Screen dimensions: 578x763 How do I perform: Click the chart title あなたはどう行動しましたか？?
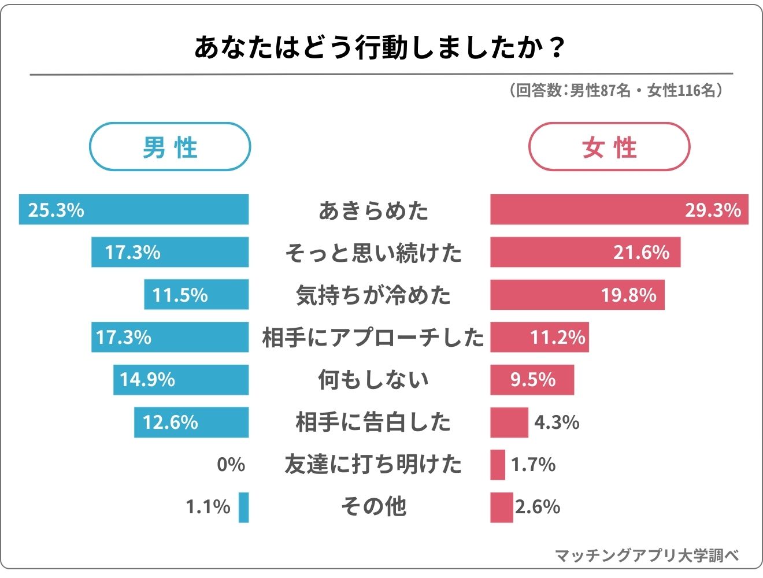pyautogui.click(x=379, y=47)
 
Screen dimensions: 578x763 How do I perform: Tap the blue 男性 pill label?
pyautogui.click(x=170, y=147)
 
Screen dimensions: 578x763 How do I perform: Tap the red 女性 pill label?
pyautogui.click(x=609, y=147)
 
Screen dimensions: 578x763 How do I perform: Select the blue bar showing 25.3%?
pyautogui.click(x=134, y=209)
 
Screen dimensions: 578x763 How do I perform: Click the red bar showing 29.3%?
pyautogui.click(x=618, y=209)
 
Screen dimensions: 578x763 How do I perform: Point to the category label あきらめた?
pyautogui.click(x=373, y=210)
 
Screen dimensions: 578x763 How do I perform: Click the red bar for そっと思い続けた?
pyautogui.click(x=585, y=252)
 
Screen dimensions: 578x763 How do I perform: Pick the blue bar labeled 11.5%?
pyautogui.click(x=197, y=295)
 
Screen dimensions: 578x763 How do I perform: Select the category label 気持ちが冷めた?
pyautogui.click(x=373, y=295)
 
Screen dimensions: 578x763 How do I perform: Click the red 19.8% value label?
pyautogui.click(x=629, y=295)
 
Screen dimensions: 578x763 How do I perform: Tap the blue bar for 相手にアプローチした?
pyautogui.click(x=170, y=338)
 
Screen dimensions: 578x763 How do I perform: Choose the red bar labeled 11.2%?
pyautogui.click(x=539, y=338)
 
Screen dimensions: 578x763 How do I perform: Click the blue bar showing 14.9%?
pyautogui.click(x=181, y=380)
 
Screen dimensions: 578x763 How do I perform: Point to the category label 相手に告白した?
pyautogui.click(x=373, y=422)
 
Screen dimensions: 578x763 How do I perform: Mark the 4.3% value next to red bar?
pyautogui.click(x=557, y=423)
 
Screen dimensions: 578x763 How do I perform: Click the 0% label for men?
pyautogui.click(x=231, y=465)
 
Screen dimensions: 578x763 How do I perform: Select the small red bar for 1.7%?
pyautogui.click(x=497, y=465)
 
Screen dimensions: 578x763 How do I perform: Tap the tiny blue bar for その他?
pyautogui.click(x=243, y=507)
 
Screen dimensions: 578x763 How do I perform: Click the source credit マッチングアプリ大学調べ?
pyautogui.click(x=647, y=555)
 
